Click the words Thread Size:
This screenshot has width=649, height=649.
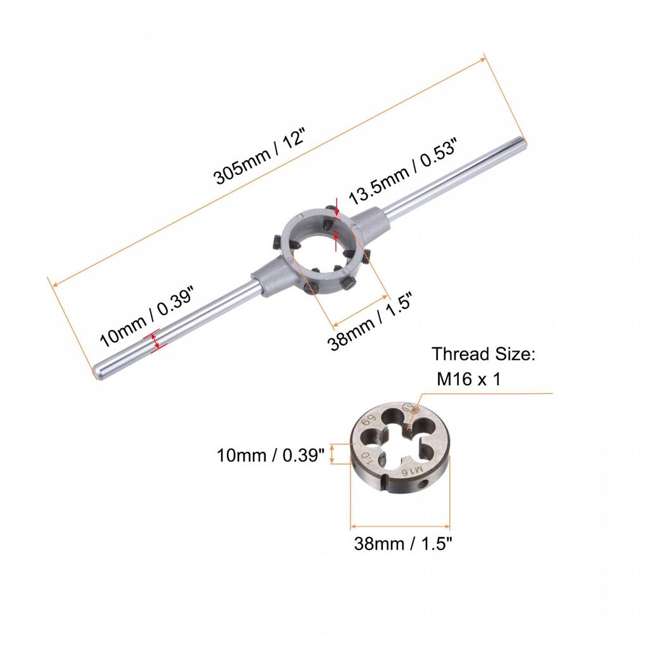tap(484, 354)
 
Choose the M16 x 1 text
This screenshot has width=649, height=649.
tap(468, 379)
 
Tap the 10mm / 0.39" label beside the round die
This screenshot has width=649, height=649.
tap(271, 455)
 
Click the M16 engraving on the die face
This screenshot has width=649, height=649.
tap(412, 471)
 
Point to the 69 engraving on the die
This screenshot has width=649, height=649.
tap(368, 421)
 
